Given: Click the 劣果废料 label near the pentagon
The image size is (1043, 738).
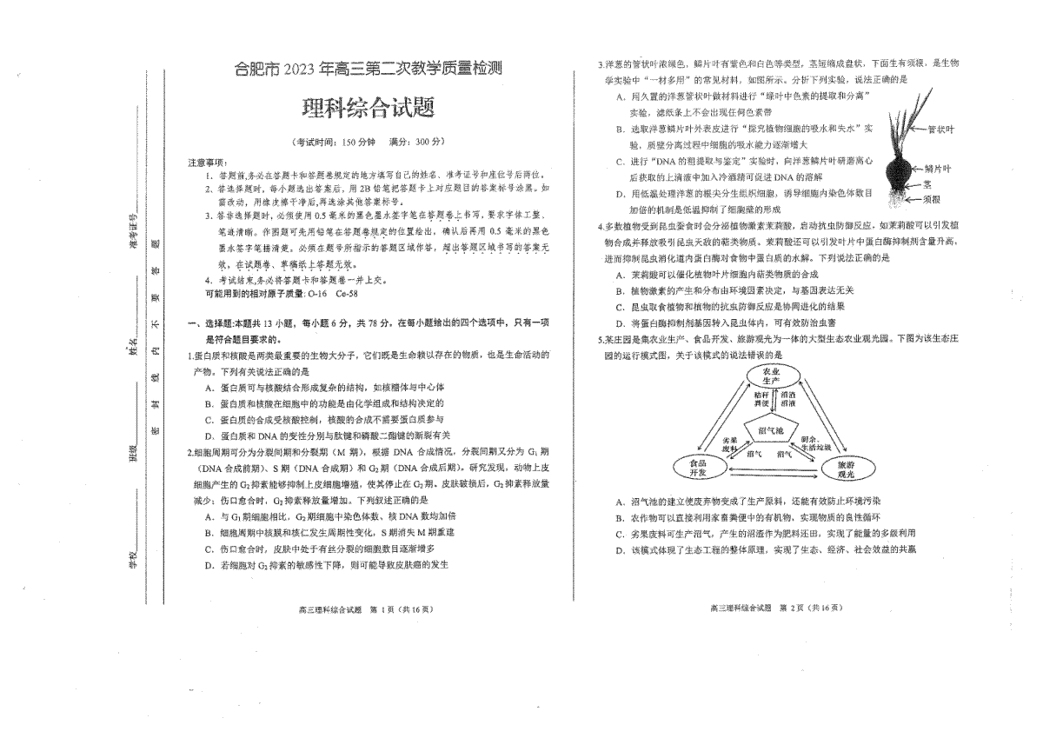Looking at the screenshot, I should tap(729, 444).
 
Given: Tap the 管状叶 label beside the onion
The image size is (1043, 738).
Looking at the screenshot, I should tap(940, 130).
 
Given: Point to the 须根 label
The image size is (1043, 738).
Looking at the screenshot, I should tap(934, 199).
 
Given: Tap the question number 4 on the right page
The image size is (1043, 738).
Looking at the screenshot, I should tap(600, 227).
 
